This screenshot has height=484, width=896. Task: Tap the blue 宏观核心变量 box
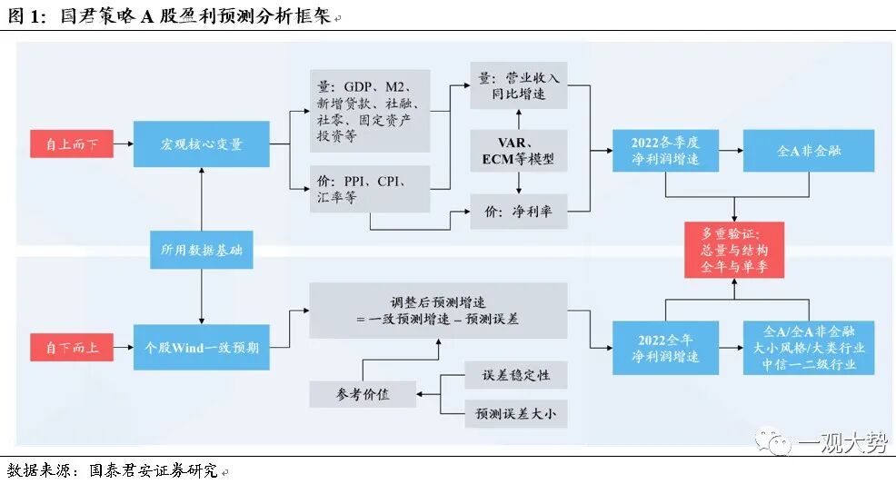[202, 144]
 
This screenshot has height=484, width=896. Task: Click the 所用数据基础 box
[202, 249]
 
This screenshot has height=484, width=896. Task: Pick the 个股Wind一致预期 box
[202, 347]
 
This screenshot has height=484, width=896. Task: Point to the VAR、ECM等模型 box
[518, 151]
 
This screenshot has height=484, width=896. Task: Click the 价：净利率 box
[518, 212]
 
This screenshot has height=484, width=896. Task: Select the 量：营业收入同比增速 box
[518, 86]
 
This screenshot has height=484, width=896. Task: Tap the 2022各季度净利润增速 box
[666, 151]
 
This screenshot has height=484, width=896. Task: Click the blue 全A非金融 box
[809, 151]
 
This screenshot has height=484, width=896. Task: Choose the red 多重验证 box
[735, 249]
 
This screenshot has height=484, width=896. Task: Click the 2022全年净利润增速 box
[666, 347]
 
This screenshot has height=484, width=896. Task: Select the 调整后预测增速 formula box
[437, 311]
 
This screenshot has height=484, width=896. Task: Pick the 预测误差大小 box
[514, 414]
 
